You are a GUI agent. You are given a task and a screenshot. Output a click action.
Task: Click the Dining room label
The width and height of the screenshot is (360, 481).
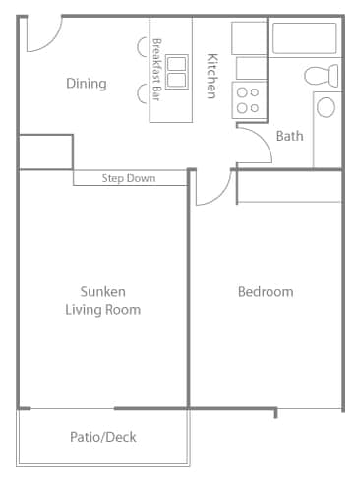click(86, 84)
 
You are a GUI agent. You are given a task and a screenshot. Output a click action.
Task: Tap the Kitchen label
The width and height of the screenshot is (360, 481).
click(210, 75)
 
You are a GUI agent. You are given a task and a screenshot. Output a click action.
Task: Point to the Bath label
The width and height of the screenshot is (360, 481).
click(289, 136)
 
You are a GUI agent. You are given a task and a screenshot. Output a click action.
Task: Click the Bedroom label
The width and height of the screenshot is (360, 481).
click(266, 292)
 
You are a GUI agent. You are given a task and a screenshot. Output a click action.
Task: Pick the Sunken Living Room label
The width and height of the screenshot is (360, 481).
click(102, 300)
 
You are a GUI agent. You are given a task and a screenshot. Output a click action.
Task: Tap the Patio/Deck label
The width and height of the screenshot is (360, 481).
click(102, 437)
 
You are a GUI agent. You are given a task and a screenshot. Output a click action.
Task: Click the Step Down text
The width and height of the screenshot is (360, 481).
click(129, 179)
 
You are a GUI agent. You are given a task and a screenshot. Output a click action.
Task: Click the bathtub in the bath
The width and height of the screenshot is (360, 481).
click(305, 39)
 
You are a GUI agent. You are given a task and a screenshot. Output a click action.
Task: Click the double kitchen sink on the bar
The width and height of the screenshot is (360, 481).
click(177, 70)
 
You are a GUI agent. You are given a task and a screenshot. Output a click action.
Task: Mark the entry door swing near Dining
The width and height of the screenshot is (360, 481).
click(41, 34)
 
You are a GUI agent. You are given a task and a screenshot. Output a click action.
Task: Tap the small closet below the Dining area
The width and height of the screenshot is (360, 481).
click(44, 150)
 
